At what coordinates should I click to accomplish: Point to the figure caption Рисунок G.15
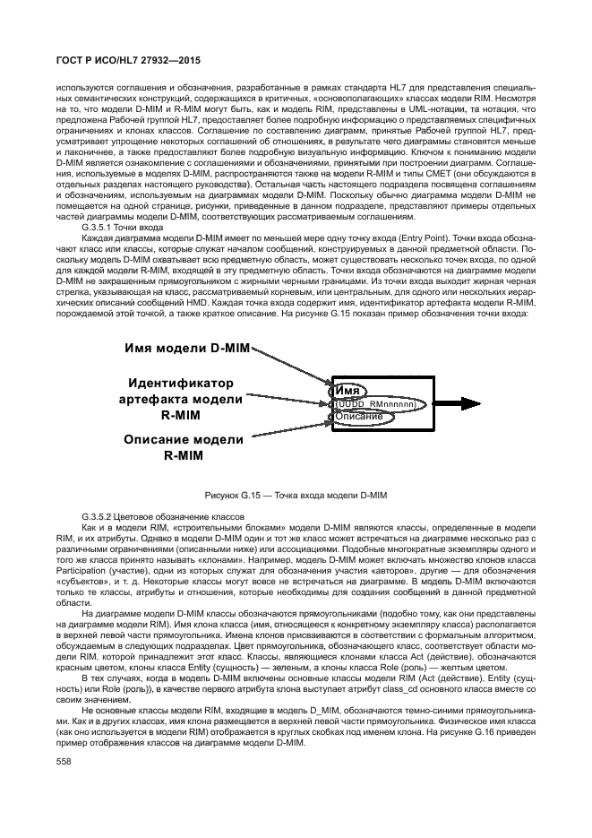click(296, 495)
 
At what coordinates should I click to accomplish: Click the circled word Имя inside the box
click(347, 392)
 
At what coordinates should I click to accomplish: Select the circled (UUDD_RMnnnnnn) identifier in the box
click(375, 405)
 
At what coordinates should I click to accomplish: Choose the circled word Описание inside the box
click(359, 417)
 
